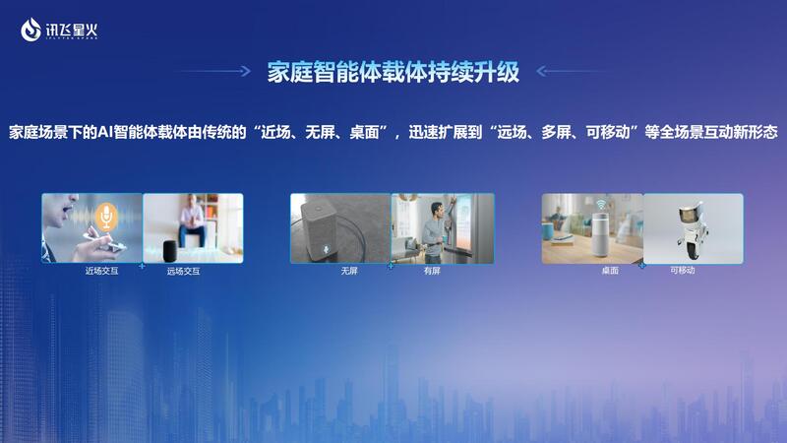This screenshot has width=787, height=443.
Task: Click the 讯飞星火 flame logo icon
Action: [x=30, y=30]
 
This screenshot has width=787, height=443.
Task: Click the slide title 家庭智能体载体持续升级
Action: [x=393, y=72]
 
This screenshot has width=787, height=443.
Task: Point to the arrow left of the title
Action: [x=213, y=71]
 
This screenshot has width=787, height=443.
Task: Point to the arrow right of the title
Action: [x=573, y=71]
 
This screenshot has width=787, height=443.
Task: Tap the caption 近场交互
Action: [x=101, y=272]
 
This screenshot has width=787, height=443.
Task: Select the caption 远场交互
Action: [x=183, y=272]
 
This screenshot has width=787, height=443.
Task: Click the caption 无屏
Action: [x=349, y=271]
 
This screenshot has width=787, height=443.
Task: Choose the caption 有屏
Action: [x=432, y=271]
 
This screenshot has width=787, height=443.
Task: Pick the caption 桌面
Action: [x=610, y=270]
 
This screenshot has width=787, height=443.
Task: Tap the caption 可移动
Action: [x=682, y=270]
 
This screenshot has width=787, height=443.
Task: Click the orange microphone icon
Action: [x=106, y=217]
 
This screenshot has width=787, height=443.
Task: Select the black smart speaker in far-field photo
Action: [x=170, y=251]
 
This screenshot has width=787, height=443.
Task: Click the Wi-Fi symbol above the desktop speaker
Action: [x=601, y=205]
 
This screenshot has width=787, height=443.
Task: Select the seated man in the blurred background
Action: [x=192, y=220]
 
